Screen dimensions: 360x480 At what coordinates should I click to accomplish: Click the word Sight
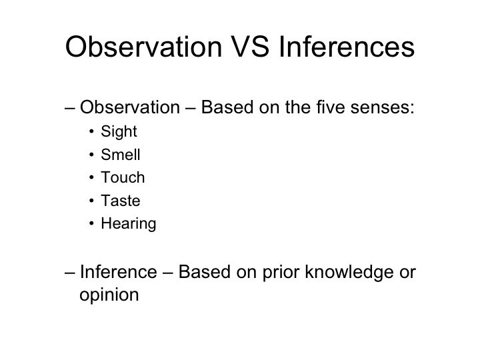[x=119, y=131]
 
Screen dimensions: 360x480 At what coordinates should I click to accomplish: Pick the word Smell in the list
[x=121, y=155]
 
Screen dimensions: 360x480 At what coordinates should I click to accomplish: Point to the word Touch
[x=122, y=178]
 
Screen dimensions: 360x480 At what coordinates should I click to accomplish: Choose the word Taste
[x=121, y=201]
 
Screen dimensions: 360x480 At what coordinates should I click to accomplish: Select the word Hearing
[x=128, y=225]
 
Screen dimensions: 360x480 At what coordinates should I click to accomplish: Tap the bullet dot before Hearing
[x=91, y=225]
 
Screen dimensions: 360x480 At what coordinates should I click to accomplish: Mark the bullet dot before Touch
[x=91, y=178]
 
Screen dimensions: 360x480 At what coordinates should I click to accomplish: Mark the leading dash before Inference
[x=71, y=273]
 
